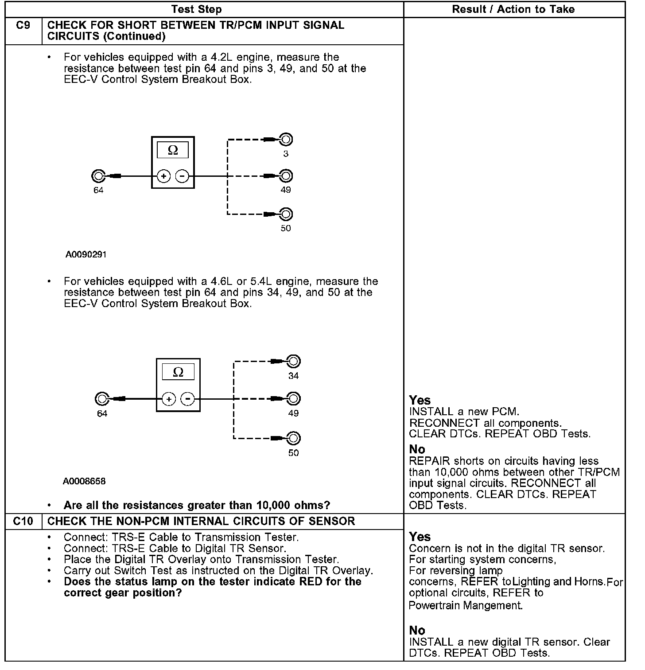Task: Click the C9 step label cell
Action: click(x=23, y=26)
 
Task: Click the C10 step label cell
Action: click(x=23, y=521)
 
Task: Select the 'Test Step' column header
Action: click(x=196, y=9)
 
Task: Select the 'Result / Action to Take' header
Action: click(x=513, y=9)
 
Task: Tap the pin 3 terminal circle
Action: click(x=286, y=140)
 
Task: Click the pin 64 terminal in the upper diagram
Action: click(x=98, y=176)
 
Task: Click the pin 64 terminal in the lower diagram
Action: click(x=102, y=399)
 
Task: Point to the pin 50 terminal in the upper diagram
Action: click(x=286, y=214)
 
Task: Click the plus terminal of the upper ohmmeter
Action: click(x=163, y=176)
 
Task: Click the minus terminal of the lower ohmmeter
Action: click(x=188, y=399)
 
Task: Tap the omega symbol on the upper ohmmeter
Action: click(x=173, y=151)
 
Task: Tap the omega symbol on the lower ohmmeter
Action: click(x=178, y=372)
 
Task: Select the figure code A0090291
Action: click(x=86, y=255)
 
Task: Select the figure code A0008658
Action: click(x=84, y=481)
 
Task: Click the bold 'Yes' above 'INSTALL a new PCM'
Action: click(x=420, y=400)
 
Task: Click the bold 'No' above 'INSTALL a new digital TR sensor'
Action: click(x=417, y=630)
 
